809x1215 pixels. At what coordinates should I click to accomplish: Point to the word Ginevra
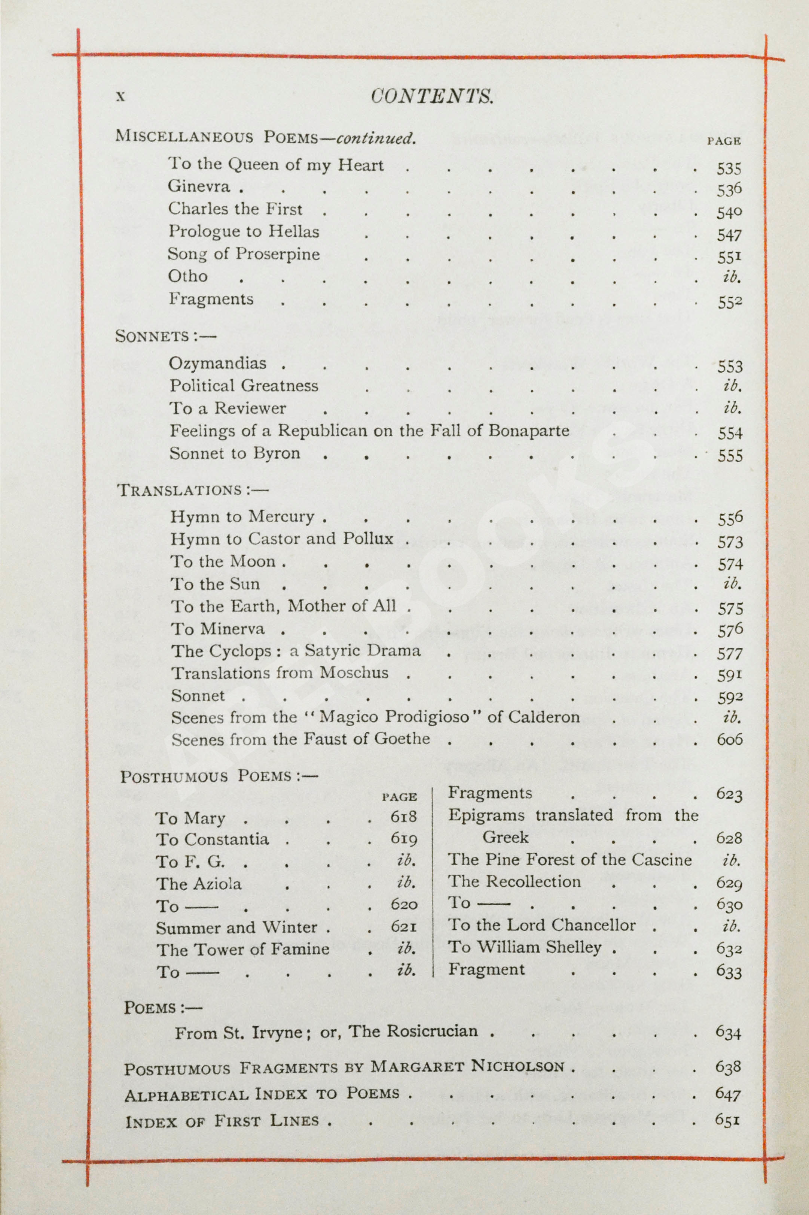pyautogui.click(x=199, y=186)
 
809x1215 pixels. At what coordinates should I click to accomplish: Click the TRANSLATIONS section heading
pyautogui.click(x=192, y=490)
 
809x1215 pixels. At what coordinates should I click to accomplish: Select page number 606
pyautogui.click(x=729, y=739)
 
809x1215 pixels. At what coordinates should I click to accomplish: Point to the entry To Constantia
pyautogui.click(x=212, y=839)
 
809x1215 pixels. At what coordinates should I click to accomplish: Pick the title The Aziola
pyautogui.click(x=199, y=884)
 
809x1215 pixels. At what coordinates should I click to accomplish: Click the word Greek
pyautogui.click(x=505, y=837)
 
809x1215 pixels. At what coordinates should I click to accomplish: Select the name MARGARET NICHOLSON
pyautogui.click(x=467, y=1066)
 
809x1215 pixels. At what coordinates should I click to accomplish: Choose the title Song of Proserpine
pyautogui.click(x=244, y=253)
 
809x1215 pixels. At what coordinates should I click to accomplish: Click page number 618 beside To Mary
pyautogui.click(x=403, y=817)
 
